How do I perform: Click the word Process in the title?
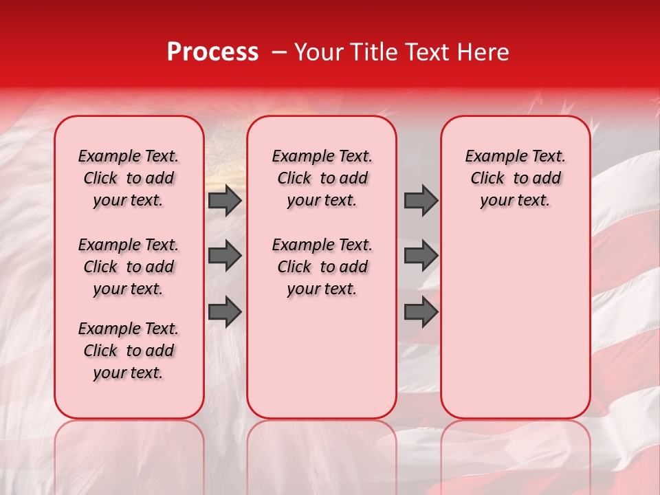point(212,52)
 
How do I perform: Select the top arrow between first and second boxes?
point(225,201)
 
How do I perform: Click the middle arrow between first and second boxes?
point(225,256)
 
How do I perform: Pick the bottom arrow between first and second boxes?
point(225,311)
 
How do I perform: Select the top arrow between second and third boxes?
point(421,201)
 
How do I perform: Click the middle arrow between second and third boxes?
point(421,256)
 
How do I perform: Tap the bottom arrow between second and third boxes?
point(421,311)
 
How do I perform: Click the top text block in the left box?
point(129,178)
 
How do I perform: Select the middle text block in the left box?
point(129,267)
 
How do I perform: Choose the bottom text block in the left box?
point(129,351)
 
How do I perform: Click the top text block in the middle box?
point(322,178)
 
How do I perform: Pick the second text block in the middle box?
point(322,267)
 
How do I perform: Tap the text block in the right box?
point(515,178)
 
